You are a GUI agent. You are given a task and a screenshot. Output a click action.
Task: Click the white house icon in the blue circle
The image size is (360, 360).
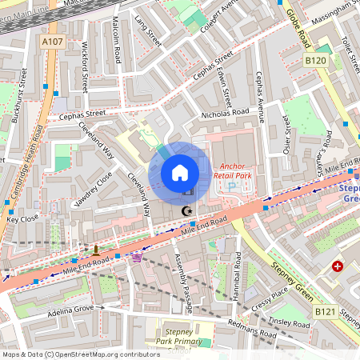point(180,173)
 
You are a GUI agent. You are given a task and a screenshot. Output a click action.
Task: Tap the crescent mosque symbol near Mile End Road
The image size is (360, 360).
point(188,210)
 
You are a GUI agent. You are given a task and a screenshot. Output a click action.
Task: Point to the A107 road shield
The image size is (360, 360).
point(53,42)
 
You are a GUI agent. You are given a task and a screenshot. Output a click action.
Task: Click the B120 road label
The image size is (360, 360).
point(316,60)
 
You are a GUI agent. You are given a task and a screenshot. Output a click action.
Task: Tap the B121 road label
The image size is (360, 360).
point(325,311)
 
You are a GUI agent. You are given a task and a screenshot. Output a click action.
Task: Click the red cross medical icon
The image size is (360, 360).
point(338,266)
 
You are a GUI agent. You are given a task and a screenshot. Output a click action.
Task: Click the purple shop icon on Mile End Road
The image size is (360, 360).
point(137,258)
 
